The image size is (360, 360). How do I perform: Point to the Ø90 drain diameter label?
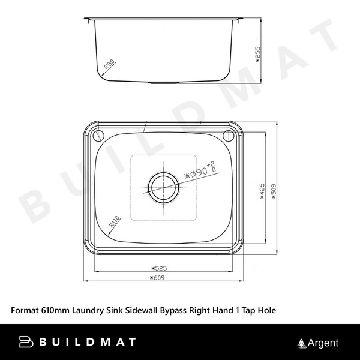click(198, 172)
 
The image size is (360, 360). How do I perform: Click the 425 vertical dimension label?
click(262, 194)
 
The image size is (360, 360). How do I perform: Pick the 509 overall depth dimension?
click(274, 194)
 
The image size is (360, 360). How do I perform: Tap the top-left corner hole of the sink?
click(98, 134)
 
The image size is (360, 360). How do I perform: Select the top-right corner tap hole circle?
click(228, 135)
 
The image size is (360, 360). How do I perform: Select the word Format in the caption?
click(25, 310)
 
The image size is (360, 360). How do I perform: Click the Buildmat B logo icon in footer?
click(26, 342)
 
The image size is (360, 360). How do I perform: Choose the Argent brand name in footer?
click(323, 343)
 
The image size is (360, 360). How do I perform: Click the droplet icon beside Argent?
click(302, 343)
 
